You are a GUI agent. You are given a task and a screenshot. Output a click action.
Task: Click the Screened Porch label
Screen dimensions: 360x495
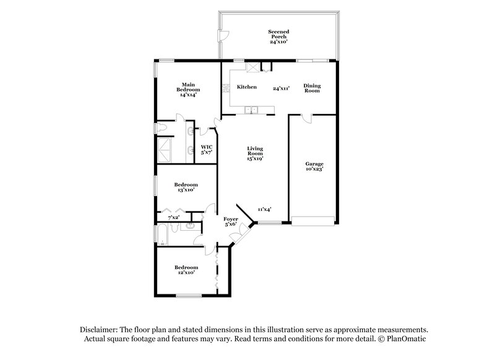278,36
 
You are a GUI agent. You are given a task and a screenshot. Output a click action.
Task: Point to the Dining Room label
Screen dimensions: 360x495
311,88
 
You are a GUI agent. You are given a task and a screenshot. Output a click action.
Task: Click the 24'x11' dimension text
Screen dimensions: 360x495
282,88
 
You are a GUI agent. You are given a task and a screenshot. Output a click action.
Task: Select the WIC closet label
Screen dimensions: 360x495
207,149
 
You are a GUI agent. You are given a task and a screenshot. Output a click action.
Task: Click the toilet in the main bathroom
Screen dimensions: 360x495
161,128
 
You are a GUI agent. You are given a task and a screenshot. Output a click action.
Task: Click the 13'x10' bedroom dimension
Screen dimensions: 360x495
186,190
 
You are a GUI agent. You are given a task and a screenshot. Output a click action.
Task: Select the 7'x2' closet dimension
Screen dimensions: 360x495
174,217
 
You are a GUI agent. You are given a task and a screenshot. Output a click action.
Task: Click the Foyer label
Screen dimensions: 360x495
231,220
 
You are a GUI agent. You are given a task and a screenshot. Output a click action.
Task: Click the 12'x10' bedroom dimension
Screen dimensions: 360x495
185,272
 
